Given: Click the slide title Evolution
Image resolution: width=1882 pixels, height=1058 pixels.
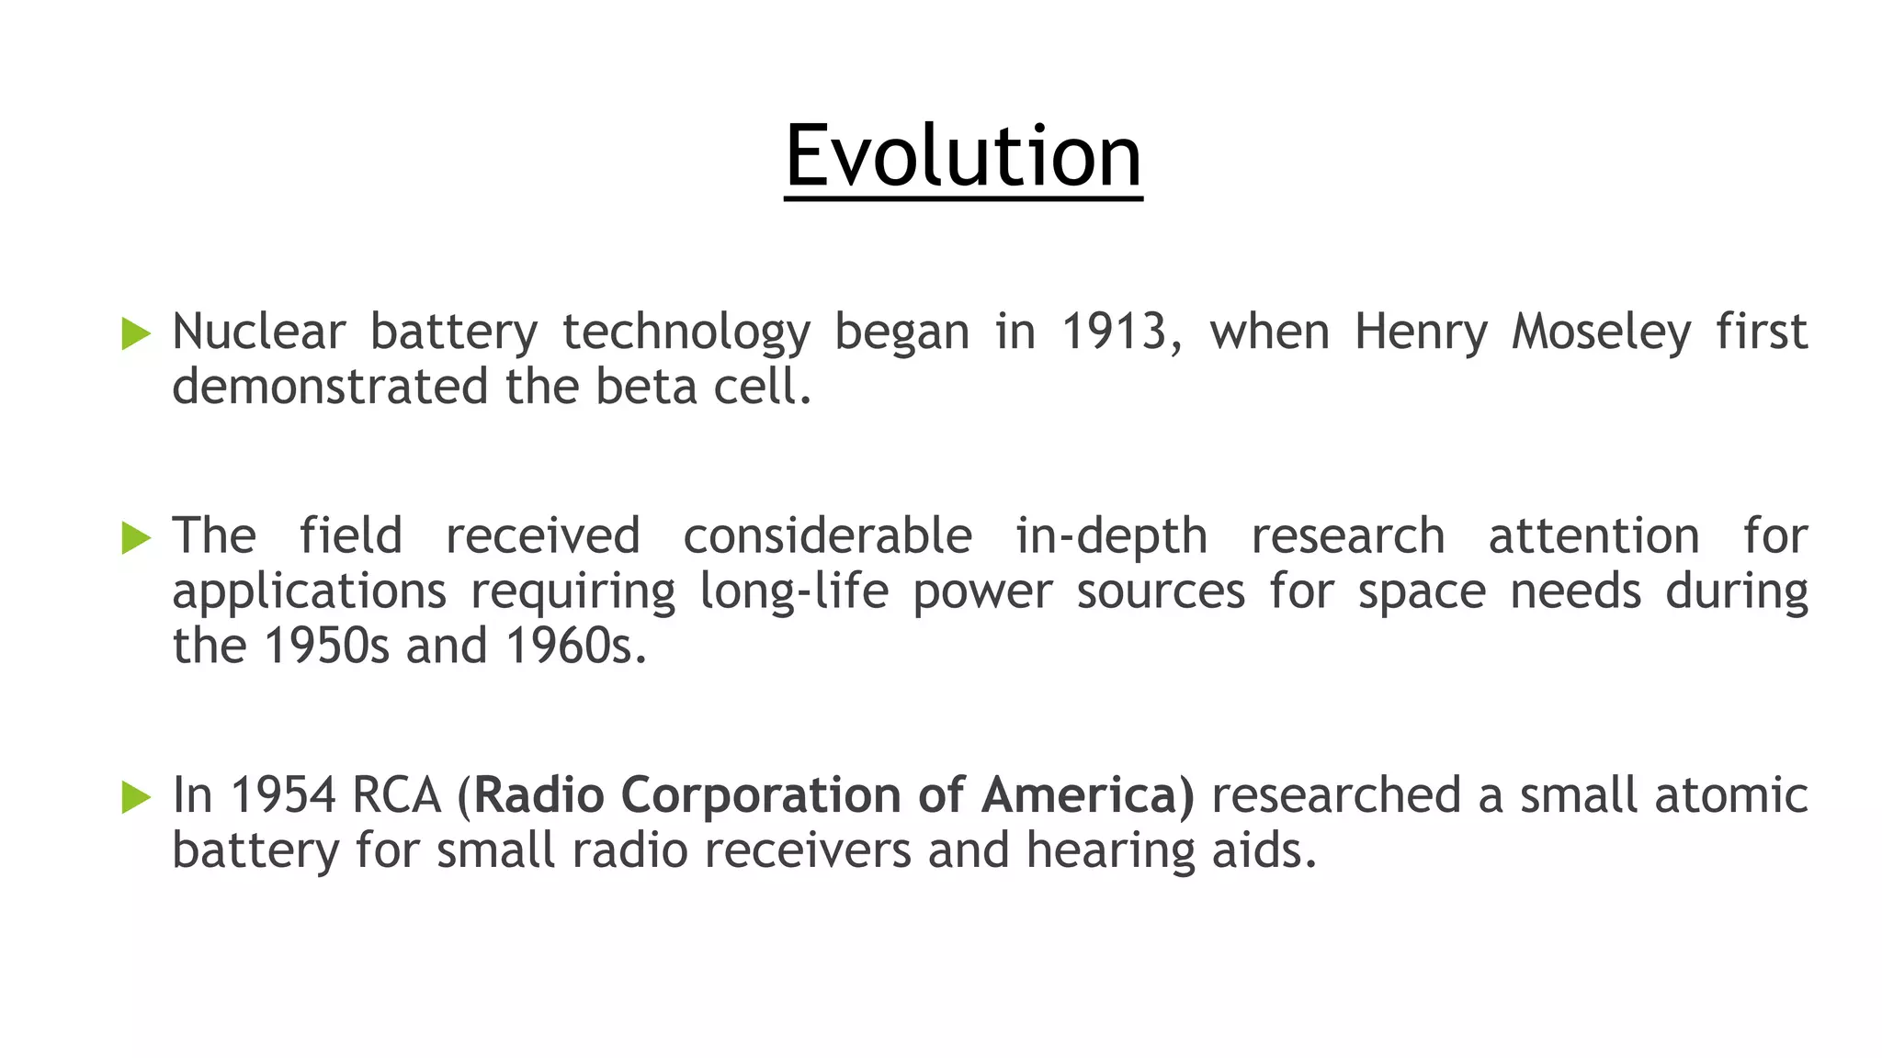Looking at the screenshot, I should (x=963, y=156).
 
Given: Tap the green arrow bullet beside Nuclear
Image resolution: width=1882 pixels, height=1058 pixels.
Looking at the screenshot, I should (x=136, y=333).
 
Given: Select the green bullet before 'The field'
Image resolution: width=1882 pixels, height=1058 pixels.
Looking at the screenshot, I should (x=136, y=538).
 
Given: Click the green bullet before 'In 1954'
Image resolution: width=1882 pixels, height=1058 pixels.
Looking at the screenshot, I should (x=136, y=797).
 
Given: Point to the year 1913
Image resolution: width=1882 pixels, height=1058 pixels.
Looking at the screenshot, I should (x=1114, y=332).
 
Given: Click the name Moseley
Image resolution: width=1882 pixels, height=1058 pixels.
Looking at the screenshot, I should (x=1601, y=332).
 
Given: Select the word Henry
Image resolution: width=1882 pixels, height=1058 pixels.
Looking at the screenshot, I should (x=1421, y=332).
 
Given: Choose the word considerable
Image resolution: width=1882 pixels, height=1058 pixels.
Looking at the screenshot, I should (x=827, y=536).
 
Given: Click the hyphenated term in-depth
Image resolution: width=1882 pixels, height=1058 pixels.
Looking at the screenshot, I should (x=1111, y=536).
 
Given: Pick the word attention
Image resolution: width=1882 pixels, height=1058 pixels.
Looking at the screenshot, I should (x=1593, y=536).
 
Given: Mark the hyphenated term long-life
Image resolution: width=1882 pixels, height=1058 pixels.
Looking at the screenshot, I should (x=794, y=591).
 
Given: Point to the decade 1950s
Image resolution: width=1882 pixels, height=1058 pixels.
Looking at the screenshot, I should (x=327, y=646).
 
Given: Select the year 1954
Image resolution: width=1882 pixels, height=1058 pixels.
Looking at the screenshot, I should (x=283, y=795).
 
